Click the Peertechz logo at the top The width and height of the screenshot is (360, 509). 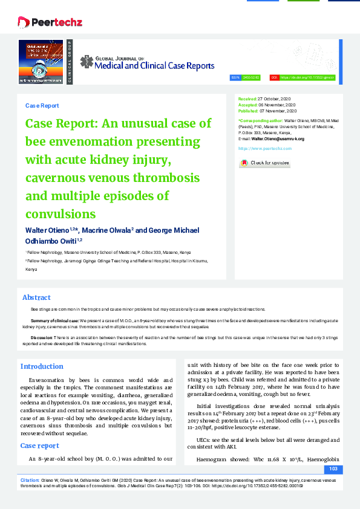point(50,23)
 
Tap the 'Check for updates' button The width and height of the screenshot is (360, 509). point(264,163)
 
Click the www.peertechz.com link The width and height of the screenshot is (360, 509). point(265,148)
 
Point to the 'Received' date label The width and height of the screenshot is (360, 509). point(247,98)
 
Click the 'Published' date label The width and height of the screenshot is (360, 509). point(247,111)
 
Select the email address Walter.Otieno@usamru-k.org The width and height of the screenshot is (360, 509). point(278,138)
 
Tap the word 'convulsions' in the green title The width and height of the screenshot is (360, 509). point(61,214)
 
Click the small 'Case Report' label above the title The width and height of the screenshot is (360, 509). point(42,105)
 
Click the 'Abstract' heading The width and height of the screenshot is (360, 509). point(36,297)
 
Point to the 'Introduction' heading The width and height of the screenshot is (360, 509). point(42,366)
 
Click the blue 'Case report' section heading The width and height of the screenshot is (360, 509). point(41,446)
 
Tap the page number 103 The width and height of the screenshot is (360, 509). point(332,469)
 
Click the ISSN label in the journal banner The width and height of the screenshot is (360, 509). point(236,78)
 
